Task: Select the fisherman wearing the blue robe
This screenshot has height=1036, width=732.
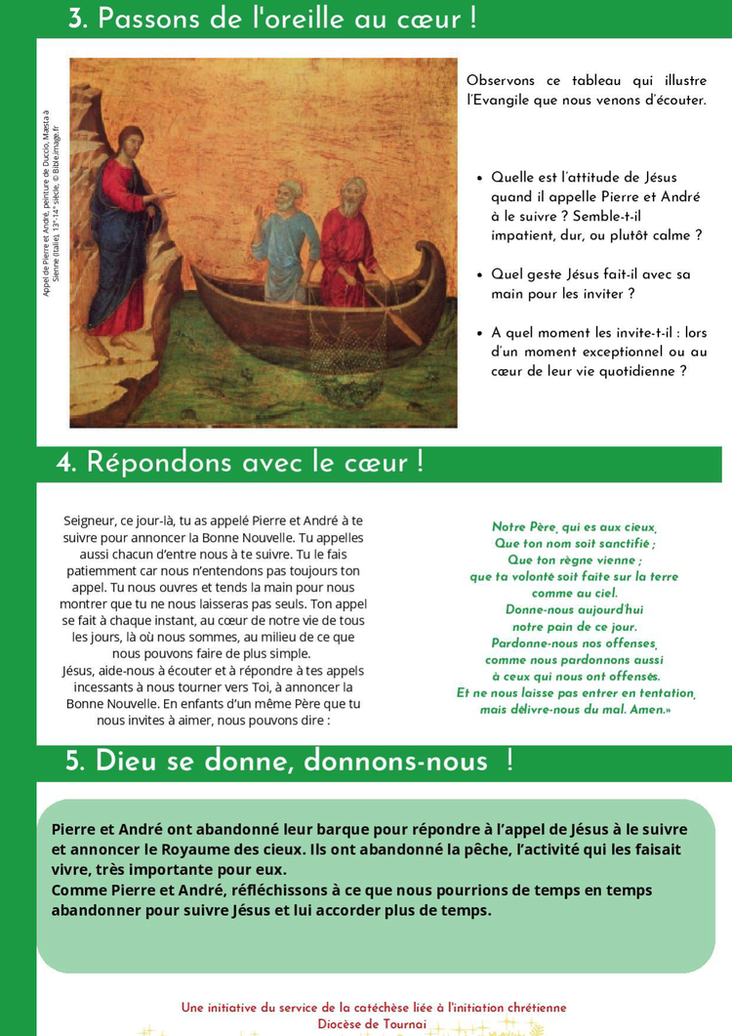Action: [x=286, y=234]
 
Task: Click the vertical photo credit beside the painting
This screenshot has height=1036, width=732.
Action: [x=51, y=203]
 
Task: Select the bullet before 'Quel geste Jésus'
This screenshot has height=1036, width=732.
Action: [x=479, y=275]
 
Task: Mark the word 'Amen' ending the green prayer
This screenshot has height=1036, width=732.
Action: [x=644, y=710]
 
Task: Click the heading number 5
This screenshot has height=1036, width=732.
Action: [x=75, y=762]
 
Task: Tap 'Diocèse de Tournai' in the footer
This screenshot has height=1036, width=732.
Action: [x=372, y=1023]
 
